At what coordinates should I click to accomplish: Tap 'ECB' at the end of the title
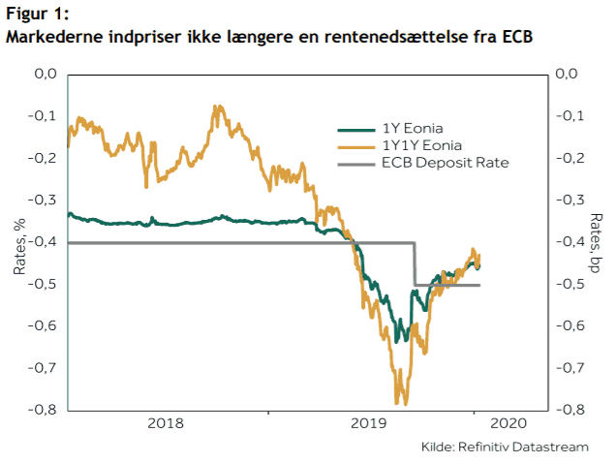(x=516, y=38)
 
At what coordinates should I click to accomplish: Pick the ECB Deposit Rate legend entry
(x=445, y=163)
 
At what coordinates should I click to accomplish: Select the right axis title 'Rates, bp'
(x=597, y=243)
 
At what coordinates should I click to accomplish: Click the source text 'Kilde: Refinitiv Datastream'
(x=504, y=447)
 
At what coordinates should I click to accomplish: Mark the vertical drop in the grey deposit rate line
(x=415, y=263)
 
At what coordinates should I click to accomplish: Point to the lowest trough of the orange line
(x=397, y=402)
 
